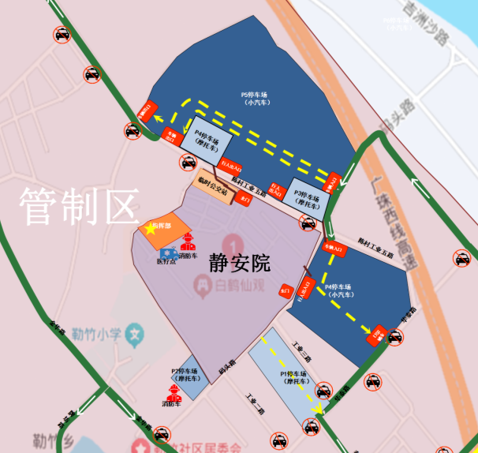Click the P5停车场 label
pyautogui.click(x=256, y=98)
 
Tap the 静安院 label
pyautogui.click(x=240, y=263)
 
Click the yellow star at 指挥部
pyautogui.click(x=151, y=229)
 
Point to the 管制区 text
pyautogui.click(x=78, y=207)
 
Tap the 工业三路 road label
pyautogui.click(x=303, y=352)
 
